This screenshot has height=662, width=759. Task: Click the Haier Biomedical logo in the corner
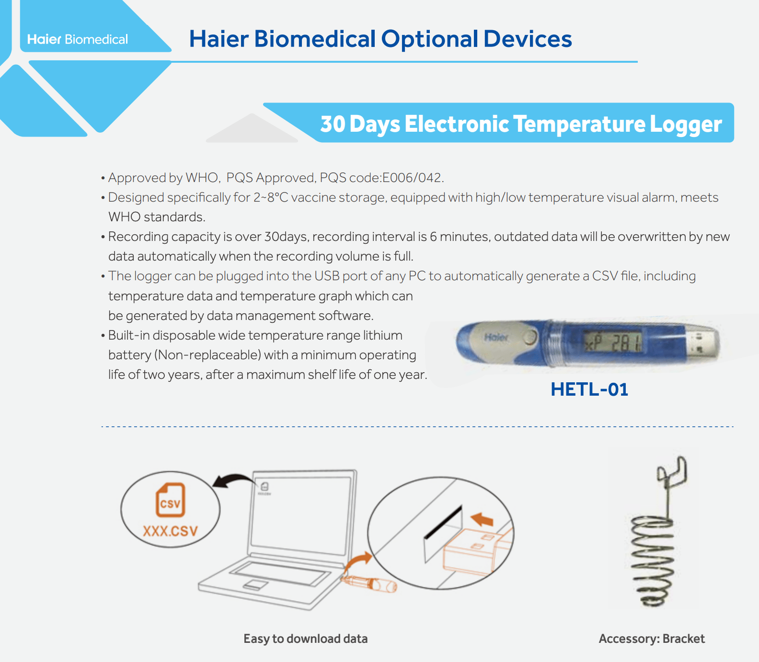[78, 39]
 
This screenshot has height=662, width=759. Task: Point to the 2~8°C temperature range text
[271, 197]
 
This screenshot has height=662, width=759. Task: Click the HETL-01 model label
[589, 389]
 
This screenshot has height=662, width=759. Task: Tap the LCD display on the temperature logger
[612, 342]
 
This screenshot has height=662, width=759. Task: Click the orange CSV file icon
[171, 500]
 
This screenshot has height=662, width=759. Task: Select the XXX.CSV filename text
[170, 531]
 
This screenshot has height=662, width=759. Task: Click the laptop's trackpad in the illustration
[255, 584]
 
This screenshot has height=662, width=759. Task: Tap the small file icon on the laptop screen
[264, 487]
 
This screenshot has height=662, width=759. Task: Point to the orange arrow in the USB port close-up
[482, 519]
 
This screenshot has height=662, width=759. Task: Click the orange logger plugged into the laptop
[369, 584]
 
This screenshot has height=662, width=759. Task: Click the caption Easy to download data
[306, 639]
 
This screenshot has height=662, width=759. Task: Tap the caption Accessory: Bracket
[652, 639]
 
